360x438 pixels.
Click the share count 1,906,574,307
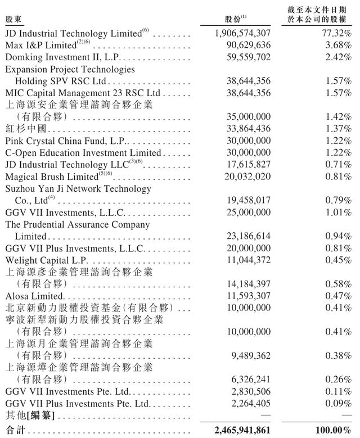tap(242, 34)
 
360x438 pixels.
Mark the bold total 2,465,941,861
tap(242, 430)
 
